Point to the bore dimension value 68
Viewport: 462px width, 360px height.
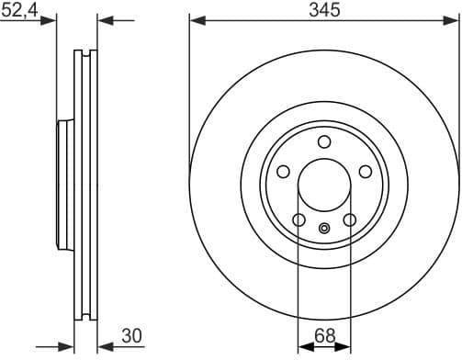click(323, 336)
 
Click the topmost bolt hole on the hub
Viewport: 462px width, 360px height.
click(323, 141)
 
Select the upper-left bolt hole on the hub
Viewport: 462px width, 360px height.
click(283, 172)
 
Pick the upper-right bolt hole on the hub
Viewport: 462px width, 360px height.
click(365, 172)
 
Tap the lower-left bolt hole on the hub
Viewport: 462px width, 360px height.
click(299, 219)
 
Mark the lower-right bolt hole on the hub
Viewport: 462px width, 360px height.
click(349, 219)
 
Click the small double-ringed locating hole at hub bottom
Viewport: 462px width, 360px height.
click(323, 229)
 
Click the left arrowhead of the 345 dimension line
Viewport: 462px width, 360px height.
click(195, 19)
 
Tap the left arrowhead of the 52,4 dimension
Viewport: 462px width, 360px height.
click(51, 19)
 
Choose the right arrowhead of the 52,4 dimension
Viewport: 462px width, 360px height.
click(103, 19)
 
